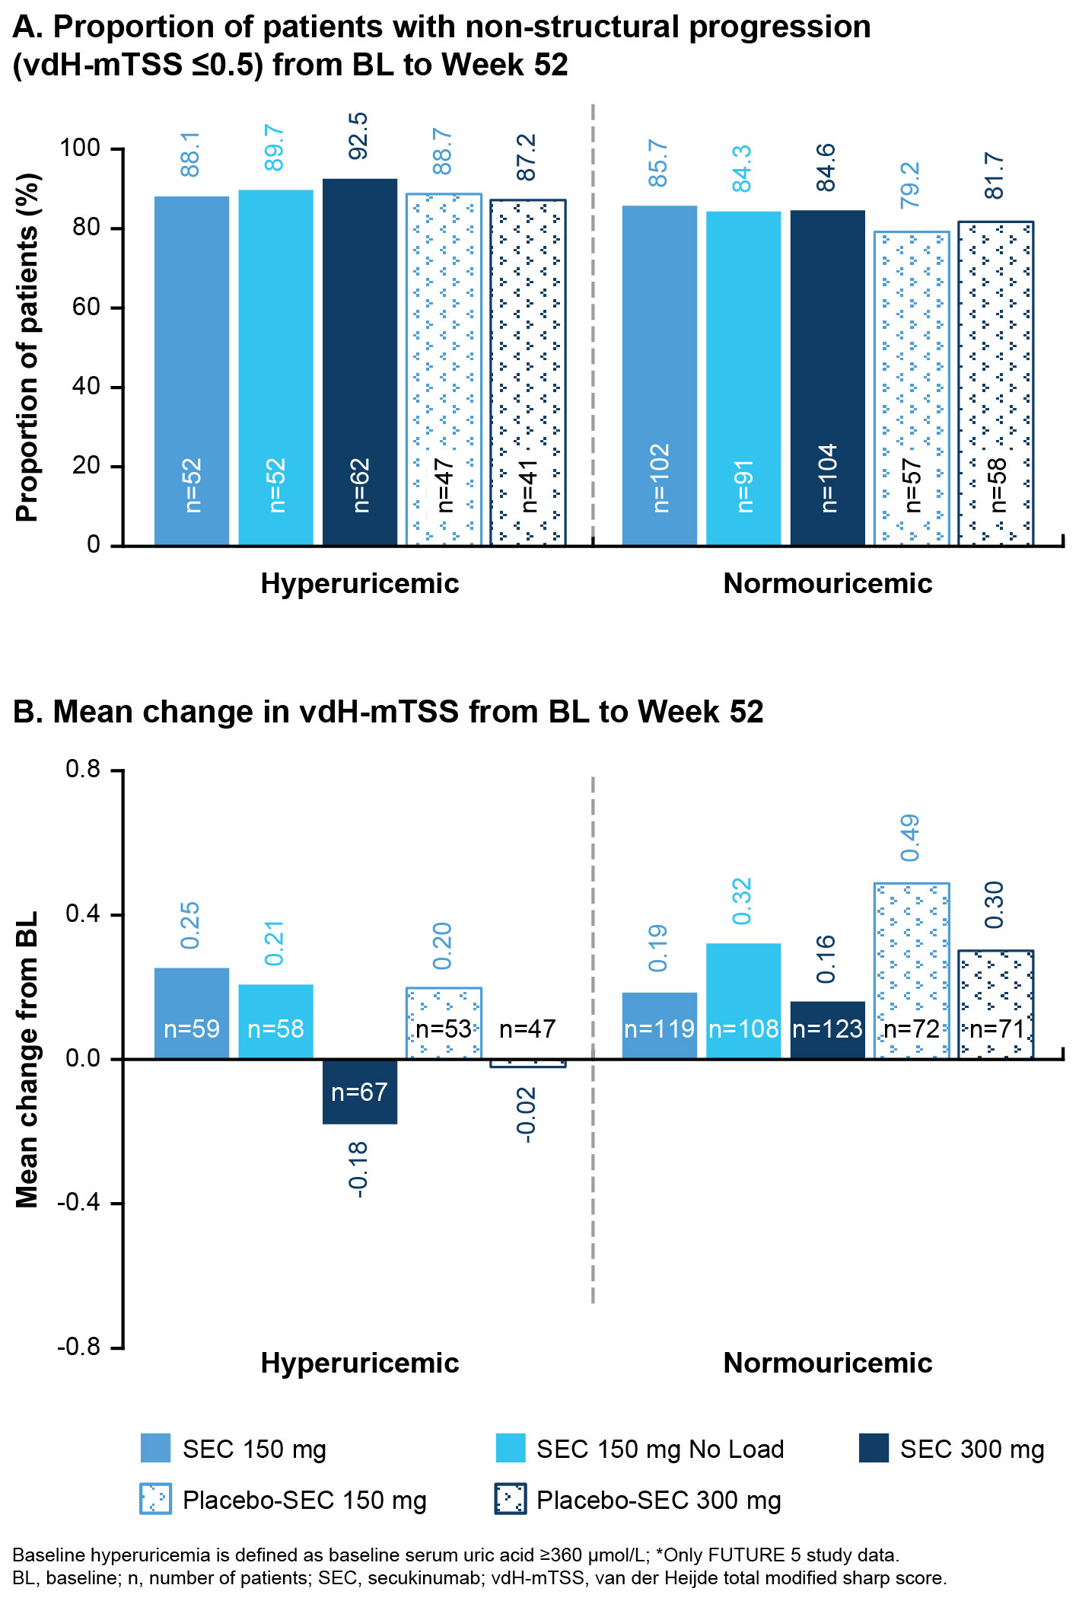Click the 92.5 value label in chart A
[358, 136]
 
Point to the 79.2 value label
[910, 185]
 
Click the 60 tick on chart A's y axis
[86, 308]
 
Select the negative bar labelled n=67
[360, 1091]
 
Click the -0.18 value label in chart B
[358, 1169]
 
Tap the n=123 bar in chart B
[827, 1029]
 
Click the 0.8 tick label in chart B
[83, 770]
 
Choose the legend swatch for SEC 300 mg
[874, 1448]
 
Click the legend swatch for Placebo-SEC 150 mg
[156, 1499]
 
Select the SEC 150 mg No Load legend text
[660, 1449]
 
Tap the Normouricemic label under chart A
[827, 584]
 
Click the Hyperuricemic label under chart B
[360, 1363]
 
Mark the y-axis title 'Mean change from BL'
[27, 1059]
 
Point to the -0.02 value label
[527, 1115]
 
